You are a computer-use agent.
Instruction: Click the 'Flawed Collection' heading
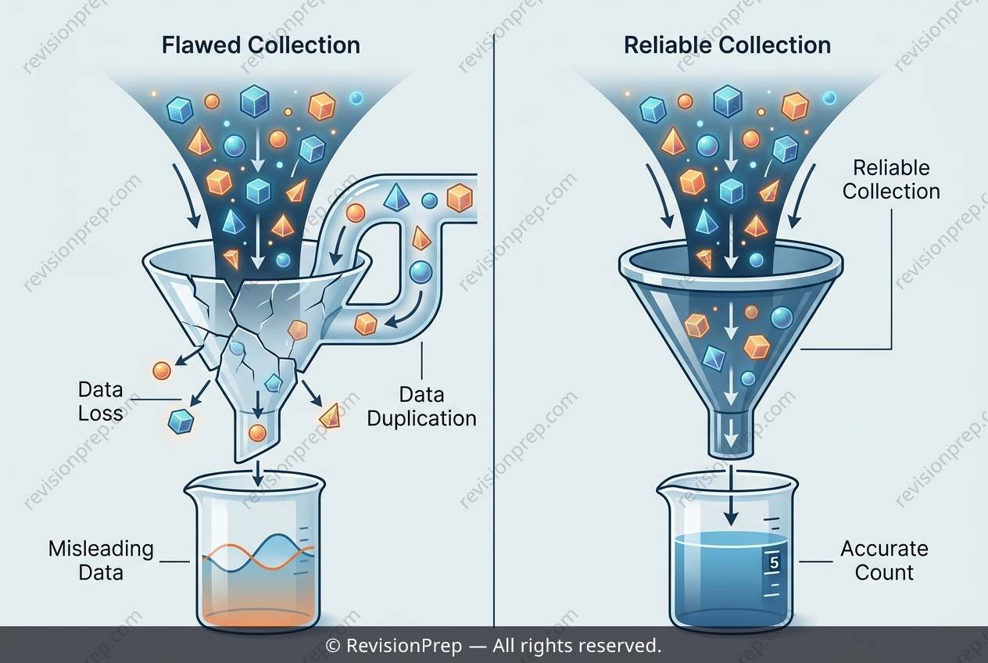tap(260, 45)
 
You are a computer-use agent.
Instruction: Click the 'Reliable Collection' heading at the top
tap(728, 45)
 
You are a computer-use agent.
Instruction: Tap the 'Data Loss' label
tap(101, 401)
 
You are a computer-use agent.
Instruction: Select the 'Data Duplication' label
tap(421, 407)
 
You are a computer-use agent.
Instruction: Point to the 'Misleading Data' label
tap(101, 561)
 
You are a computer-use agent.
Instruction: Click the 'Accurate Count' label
tap(884, 561)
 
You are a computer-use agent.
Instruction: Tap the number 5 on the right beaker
tap(774, 563)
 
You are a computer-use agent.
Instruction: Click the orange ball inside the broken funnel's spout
tap(257, 432)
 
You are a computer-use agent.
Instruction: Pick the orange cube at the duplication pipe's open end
tap(460, 198)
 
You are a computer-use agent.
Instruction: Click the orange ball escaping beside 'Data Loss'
tap(162, 371)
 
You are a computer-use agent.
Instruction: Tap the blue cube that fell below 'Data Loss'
tap(181, 421)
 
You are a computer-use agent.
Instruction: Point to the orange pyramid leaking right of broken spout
tap(330, 416)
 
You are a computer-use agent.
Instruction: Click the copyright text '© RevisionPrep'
tap(393, 646)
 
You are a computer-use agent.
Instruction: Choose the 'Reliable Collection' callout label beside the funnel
tap(891, 180)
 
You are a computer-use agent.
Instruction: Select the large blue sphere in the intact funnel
tap(782, 317)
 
